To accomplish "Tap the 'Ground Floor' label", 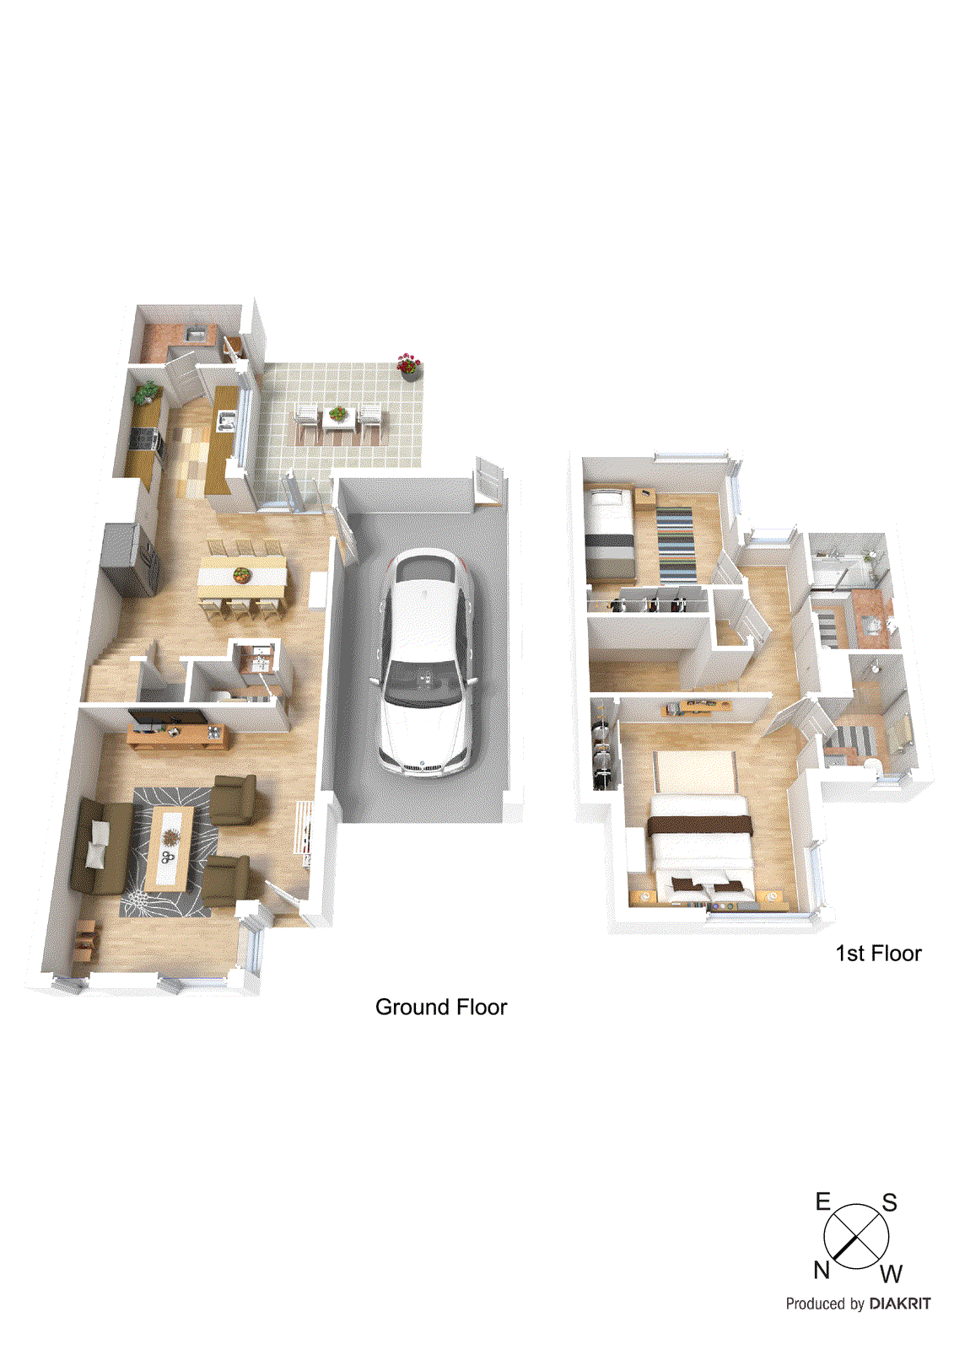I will click(440, 1007).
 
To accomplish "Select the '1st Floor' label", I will click(878, 954).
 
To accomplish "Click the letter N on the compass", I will click(822, 1271).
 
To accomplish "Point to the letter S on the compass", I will click(889, 1203).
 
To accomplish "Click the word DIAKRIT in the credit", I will click(900, 1303).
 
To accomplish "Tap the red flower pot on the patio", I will click(408, 366).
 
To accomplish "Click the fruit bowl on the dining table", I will click(242, 575).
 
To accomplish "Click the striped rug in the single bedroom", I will click(675, 544).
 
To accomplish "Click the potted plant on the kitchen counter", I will click(147, 392).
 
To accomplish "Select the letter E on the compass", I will click(823, 1202).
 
